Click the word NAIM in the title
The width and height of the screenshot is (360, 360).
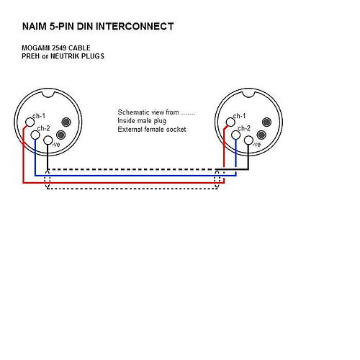click(35, 27)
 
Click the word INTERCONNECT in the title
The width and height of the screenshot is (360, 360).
click(135, 27)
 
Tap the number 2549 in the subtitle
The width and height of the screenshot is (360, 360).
click(59, 48)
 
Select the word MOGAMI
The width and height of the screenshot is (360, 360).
click(36, 48)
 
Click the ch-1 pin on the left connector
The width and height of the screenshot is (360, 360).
click(30, 122)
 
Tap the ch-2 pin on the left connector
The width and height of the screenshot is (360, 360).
click(35, 135)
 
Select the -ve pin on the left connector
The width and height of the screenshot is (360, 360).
click(48, 140)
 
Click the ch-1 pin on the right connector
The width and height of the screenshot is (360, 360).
click(230, 122)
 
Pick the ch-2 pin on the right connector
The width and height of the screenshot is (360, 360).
click(236, 135)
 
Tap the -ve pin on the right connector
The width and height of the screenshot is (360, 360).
click(248, 140)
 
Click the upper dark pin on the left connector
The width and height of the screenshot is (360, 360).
click(66, 122)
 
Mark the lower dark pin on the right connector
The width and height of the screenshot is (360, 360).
click(261, 135)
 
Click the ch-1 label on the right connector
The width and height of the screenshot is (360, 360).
click(239, 116)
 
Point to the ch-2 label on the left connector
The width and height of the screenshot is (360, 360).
click(44, 128)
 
